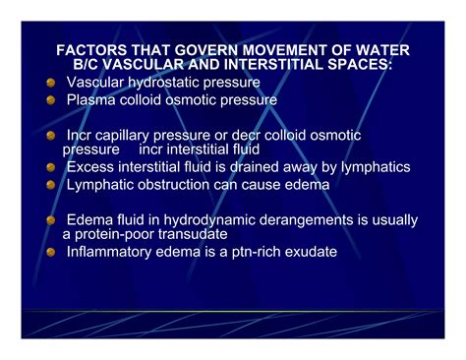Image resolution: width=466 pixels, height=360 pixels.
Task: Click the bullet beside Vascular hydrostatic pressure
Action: pyautogui.click(x=51, y=84)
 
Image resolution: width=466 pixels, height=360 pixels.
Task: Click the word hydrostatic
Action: pyautogui.click(x=167, y=83)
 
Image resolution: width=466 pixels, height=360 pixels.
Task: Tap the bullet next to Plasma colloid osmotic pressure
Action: pyautogui.click(x=51, y=100)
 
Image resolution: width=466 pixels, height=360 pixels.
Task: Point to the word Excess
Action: pyautogui.click(x=91, y=167)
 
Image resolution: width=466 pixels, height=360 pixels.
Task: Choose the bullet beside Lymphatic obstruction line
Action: pyautogui.click(x=51, y=185)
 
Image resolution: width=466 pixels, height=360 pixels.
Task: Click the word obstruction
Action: pyautogui.click(x=183, y=184)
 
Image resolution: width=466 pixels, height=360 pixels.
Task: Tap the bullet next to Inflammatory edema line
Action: pyautogui.click(x=51, y=253)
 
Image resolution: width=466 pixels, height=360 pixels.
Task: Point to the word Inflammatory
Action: pyautogui.click(x=111, y=252)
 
